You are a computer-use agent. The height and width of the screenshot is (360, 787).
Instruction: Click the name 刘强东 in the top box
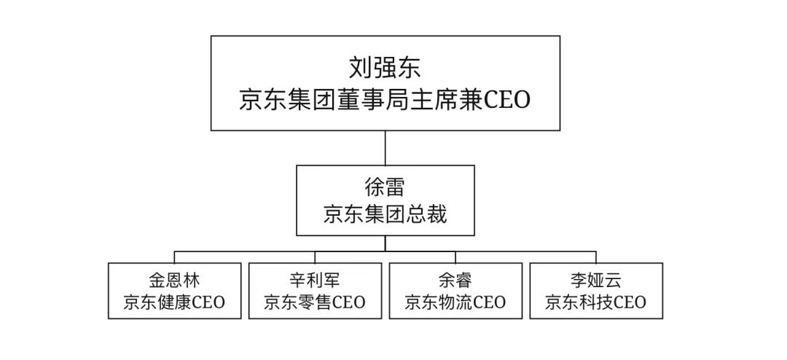pyautogui.click(x=385, y=68)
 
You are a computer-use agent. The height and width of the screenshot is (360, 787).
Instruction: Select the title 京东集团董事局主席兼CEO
pyautogui.click(x=385, y=100)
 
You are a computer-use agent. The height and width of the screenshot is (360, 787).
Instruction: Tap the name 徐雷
pyautogui.click(x=385, y=187)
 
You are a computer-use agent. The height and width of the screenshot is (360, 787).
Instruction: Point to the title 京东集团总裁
pyautogui.click(x=385, y=214)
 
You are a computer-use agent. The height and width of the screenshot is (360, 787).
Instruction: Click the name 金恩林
pyautogui.click(x=174, y=279)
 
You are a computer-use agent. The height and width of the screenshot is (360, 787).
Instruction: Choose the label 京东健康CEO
pyautogui.click(x=174, y=302)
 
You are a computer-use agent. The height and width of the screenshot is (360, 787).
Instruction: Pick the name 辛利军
pyautogui.click(x=315, y=279)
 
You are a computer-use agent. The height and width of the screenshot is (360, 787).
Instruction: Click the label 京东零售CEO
pyautogui.click(x=315, y=302)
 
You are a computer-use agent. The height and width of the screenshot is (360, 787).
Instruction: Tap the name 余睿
pyautogui.click(x=455, y=279)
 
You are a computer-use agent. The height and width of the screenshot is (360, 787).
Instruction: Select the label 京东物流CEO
pyautogui.click(x=455, y=302)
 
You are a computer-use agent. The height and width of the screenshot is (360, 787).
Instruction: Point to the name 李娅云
pyautogui.click(x=596, y=279)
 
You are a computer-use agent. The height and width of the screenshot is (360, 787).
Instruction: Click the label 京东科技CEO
pyautogui.click(x=596, y=302)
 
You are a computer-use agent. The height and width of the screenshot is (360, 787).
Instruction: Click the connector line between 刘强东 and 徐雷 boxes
pyautogui.click(x=385, y=148)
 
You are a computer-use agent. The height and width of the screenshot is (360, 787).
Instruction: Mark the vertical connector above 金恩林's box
pyautogui.click(x=174, y=257)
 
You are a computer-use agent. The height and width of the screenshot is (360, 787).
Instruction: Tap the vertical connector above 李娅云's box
pyautogui.click(x=596, y=257)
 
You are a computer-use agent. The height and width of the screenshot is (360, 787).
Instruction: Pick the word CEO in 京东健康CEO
pyautogui.click(x=208, y=302)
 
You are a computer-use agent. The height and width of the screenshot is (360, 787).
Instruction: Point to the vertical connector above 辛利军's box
pyautogui.click(x=315, y=257)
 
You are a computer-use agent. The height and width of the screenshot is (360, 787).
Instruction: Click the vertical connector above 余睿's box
pyautogui.click(x=455, y=257)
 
